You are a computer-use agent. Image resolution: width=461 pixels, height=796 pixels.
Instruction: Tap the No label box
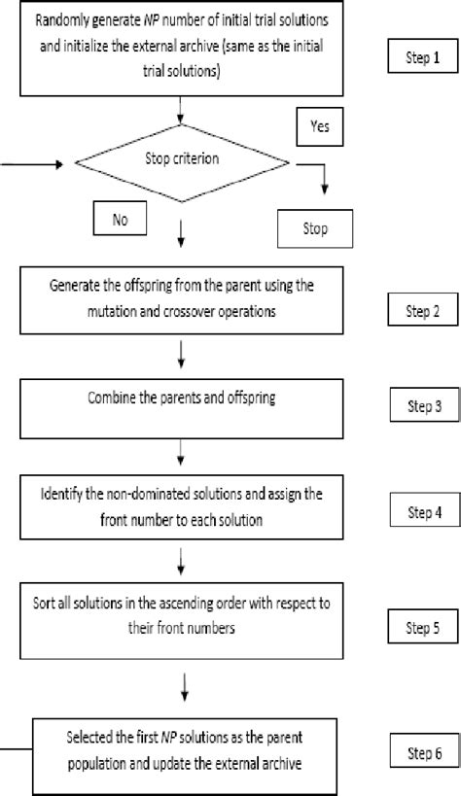pyautogui.click(x=120, y=220)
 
